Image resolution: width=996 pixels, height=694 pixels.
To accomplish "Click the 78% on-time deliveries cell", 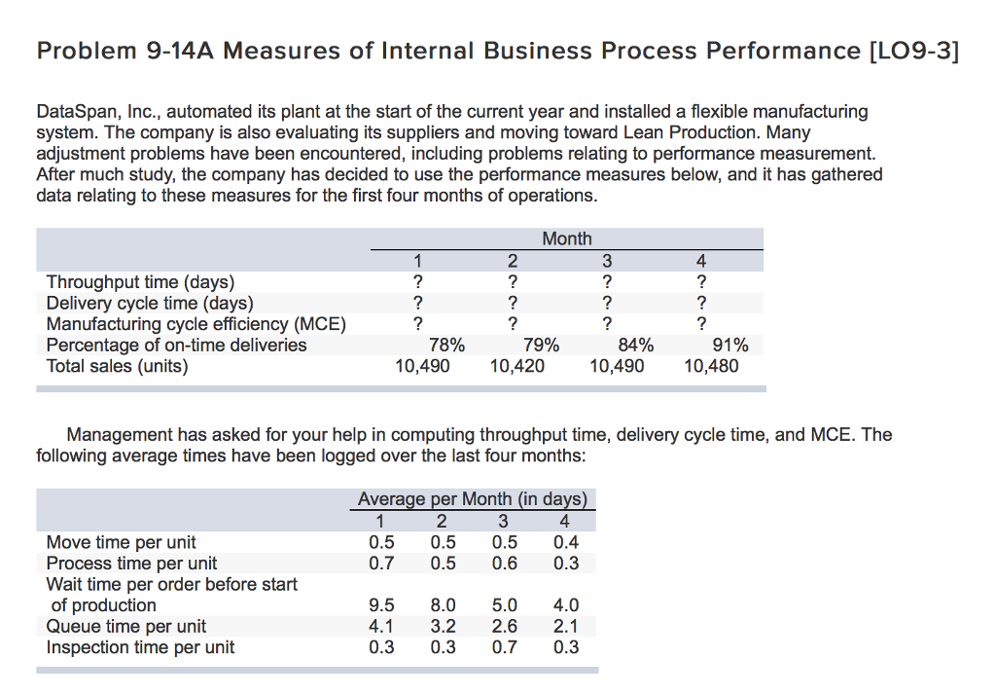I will point(446,346).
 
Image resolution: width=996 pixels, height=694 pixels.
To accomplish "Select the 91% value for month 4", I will point(729,346).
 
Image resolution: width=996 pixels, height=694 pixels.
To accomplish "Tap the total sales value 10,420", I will point(517,367).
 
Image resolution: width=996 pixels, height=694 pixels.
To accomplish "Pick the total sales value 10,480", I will point(710,367).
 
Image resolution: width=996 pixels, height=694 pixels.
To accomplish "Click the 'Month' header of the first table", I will point(566,239).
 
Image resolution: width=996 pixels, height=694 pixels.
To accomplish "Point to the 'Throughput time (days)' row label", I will point(140,282).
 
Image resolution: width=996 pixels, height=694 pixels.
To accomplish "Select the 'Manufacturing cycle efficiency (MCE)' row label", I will point(196,324).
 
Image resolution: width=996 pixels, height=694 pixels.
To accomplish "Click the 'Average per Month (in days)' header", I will point(473,499).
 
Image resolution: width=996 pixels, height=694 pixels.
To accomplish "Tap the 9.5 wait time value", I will point(382,605).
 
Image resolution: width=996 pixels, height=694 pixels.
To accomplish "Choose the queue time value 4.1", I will point(382,627).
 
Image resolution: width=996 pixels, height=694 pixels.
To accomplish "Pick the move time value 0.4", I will point(565,542).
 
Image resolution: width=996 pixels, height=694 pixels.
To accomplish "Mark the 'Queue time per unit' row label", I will point(125,627).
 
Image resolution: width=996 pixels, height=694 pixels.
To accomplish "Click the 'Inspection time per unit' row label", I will point(140,647).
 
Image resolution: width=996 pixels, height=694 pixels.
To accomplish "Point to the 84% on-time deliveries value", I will point(636,346).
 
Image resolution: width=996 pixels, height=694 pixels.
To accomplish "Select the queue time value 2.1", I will point(565,627).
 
